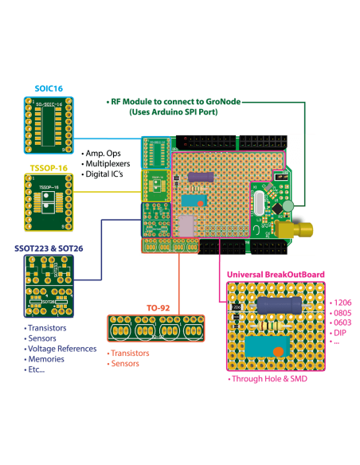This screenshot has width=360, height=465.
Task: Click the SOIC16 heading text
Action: [48, 88]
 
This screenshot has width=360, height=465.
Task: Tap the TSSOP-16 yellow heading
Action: [47, 168]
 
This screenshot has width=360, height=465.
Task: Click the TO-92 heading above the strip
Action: [158, 307]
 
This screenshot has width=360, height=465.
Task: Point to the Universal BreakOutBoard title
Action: [276, 274]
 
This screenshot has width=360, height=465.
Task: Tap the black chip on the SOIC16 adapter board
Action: [48, 127]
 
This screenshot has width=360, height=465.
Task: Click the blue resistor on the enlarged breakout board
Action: [278, 306]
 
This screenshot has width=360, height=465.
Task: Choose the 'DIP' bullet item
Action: [340, 332]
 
